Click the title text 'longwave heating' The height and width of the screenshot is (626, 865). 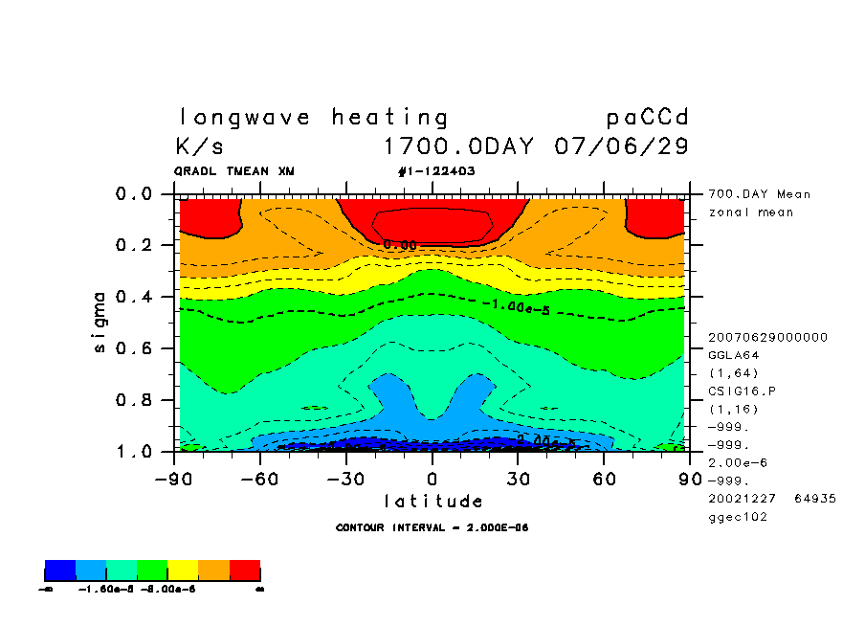pyautogui.click(x=313, y=118)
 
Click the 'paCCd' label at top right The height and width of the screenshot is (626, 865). pyautogui.click(x=648, y=118)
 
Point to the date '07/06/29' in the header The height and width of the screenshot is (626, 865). pyautogui.click(x=621, y=147)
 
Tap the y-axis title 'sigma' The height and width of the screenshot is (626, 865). pyautogui.click(x=100, y=322)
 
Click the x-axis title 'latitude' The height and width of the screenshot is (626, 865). pyautogui.click(x=432, y=502)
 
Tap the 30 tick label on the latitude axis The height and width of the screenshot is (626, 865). pyautogui.click(x=519, y=478)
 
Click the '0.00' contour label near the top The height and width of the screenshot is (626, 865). pyautogui.click(x=400, y=245)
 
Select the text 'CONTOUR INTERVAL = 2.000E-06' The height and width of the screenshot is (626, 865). pyautogui.click(x=432, y=527)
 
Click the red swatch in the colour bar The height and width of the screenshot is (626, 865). pyautogui.click(x=245, y=571)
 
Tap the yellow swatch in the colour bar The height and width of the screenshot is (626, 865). pyautogui.click(x=183, y=571)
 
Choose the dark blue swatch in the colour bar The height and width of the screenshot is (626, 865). pyautogui.click(x=60, y=571)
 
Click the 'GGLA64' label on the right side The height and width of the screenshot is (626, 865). pyautogui.click(x=734, y=354)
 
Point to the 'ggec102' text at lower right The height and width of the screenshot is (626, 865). pyautogui.click(x=737, y=517)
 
